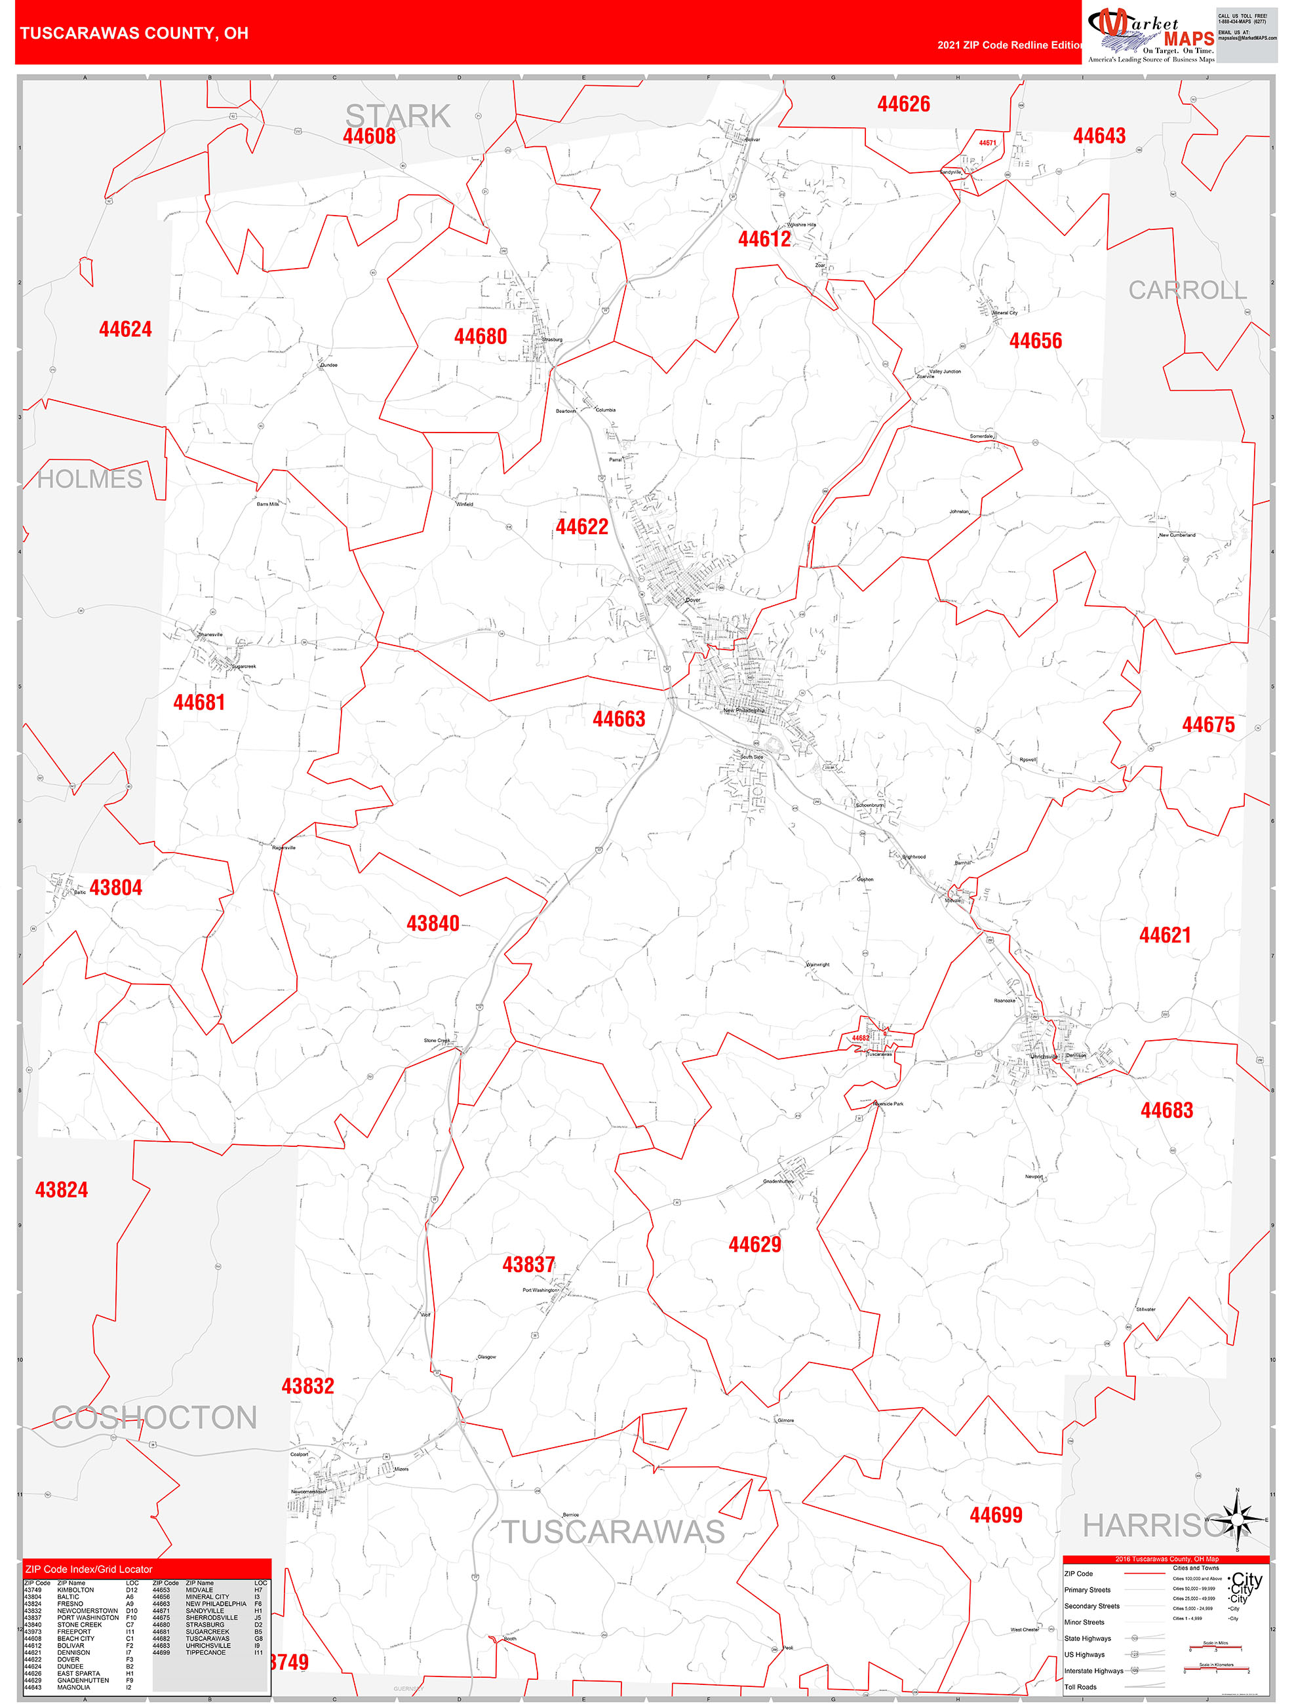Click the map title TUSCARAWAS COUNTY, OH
[134, 33]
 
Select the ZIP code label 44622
[582, 527]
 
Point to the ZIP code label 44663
[618, 719]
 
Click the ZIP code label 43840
[433, 923]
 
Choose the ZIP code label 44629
[755, 1245]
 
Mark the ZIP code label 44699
[996, 1515]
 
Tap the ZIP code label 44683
[1166, 1110]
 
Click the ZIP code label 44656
[1035, 341]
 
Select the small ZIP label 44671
[987, 144]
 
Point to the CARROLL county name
[1187, 290]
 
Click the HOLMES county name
[90, 479]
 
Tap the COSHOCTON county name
[154, 1418]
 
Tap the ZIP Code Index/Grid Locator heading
[88, 1569]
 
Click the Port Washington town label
[539, 1290]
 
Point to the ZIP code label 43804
[115, 887]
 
